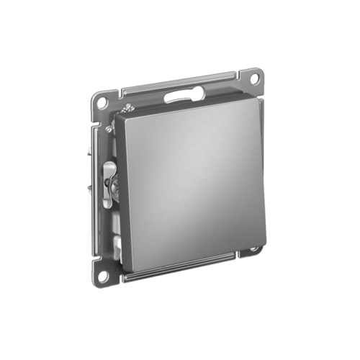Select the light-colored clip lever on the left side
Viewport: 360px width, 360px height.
tap(109, 183)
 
